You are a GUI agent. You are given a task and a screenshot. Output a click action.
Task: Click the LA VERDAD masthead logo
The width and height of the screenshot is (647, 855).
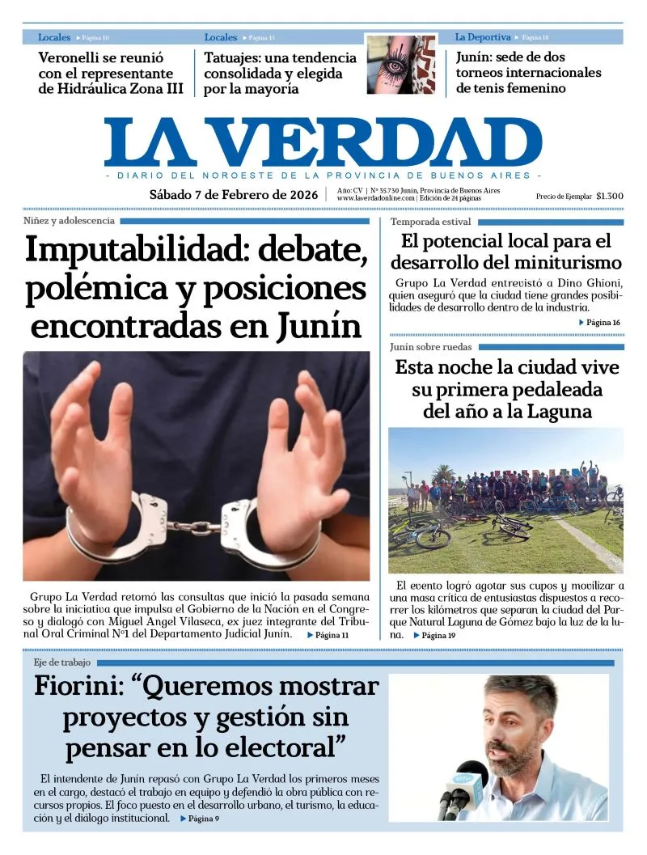coord(323,142)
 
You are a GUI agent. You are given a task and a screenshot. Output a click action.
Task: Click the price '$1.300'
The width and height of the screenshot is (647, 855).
coord(609,197)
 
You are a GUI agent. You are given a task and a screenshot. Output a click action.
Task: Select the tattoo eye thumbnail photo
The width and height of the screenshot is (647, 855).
coord(400,65)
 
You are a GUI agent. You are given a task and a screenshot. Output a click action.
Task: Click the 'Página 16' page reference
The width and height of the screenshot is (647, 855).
coord(603,323)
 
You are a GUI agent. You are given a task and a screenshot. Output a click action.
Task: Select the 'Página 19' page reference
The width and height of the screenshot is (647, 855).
coord(438,636)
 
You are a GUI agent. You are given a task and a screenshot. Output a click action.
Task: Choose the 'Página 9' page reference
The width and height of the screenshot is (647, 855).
coord(204,819)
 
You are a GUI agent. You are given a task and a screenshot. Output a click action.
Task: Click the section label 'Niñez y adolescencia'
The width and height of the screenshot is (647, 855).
coord(69,221)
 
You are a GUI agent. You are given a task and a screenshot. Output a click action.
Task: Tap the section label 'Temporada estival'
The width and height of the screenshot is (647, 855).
coord(430,222)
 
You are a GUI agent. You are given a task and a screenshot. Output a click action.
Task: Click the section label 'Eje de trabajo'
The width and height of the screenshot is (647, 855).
coord(62,662)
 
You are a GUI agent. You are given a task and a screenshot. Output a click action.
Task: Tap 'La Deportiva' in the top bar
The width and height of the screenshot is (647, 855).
coord(482,37)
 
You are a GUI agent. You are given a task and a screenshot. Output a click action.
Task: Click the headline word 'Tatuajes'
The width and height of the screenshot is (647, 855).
coord(236,57)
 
